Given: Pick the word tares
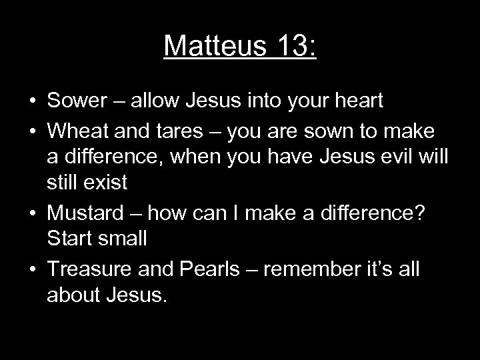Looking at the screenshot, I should pyautogui.click(x=189, y=131).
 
